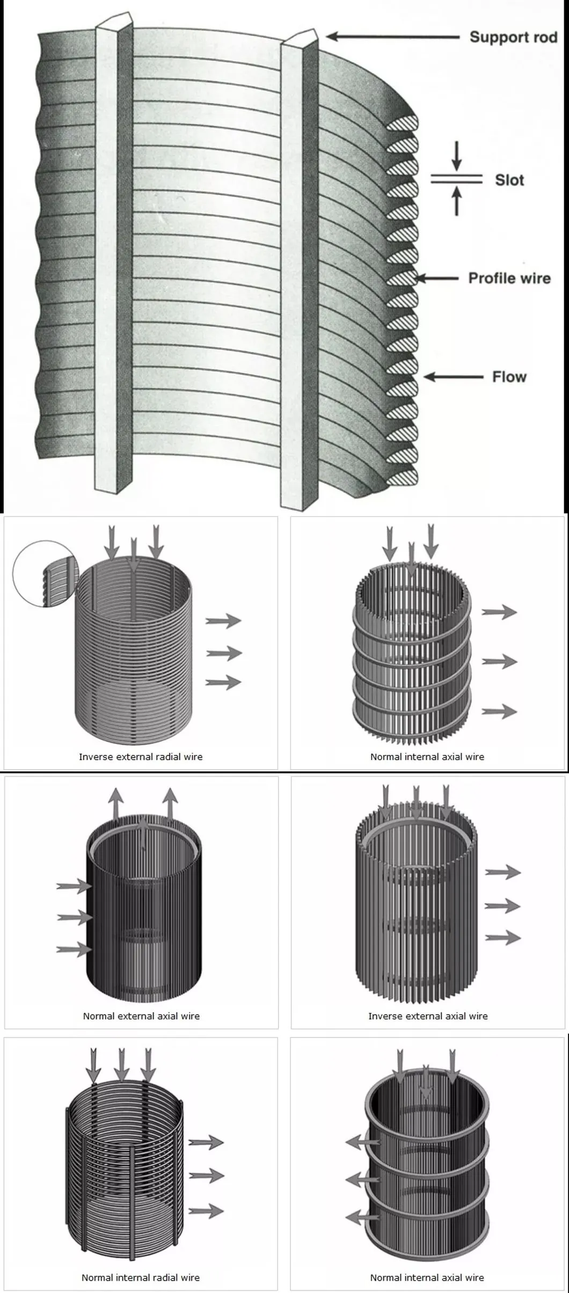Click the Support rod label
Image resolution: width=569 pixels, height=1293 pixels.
click(513, 37)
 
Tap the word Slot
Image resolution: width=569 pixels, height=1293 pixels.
click(509, 180)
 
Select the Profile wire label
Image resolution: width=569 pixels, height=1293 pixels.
click(509, 278)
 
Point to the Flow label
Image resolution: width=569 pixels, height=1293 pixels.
click(509, 377)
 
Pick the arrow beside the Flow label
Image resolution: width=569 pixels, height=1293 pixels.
click(453, 377)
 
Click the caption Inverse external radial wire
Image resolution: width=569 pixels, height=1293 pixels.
click(141, 757)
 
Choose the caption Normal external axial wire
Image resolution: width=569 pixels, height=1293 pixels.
click(141, 1016)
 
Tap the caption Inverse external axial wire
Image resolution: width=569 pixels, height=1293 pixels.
click(428, 1016)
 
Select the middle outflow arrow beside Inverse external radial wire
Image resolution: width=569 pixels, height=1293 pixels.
click(224, 653)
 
